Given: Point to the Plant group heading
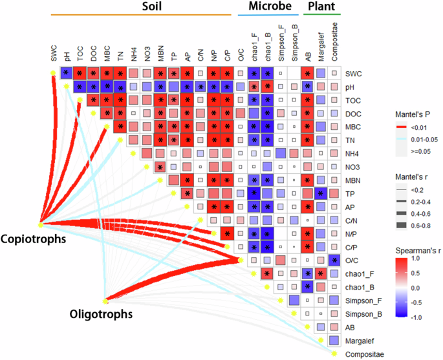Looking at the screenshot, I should [x=322, y=6].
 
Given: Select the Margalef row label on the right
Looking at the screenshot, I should [x=361, y=340].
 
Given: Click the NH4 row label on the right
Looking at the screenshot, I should [x=354, y=153].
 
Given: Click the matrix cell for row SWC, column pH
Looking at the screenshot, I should [x=66, y=73].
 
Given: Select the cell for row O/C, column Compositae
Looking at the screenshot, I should [x=334, y=260].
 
